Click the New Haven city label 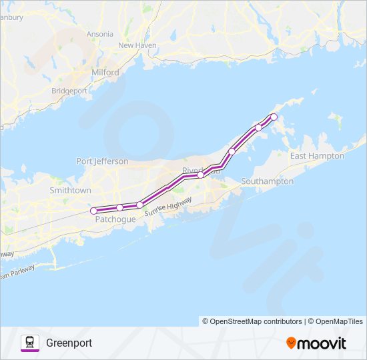click(x=137, y=45)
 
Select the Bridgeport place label click(x=69, y=90)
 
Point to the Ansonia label click(x=99, y=33)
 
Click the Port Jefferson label click(x=102, y=161)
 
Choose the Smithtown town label click(x=70, y=190)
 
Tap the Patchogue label click(x=115, y=219)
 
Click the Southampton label click(x=267, y=181)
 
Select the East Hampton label click(x=317, y=156)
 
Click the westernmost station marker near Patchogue click(x=93, y=211)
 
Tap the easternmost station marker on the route click(x=274, y=117)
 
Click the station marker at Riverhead click(x=200, y=175)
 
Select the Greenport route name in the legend click(x=69, y=343)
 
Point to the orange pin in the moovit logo click(x=291, y=343)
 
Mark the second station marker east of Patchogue click(x=139, y=205)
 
